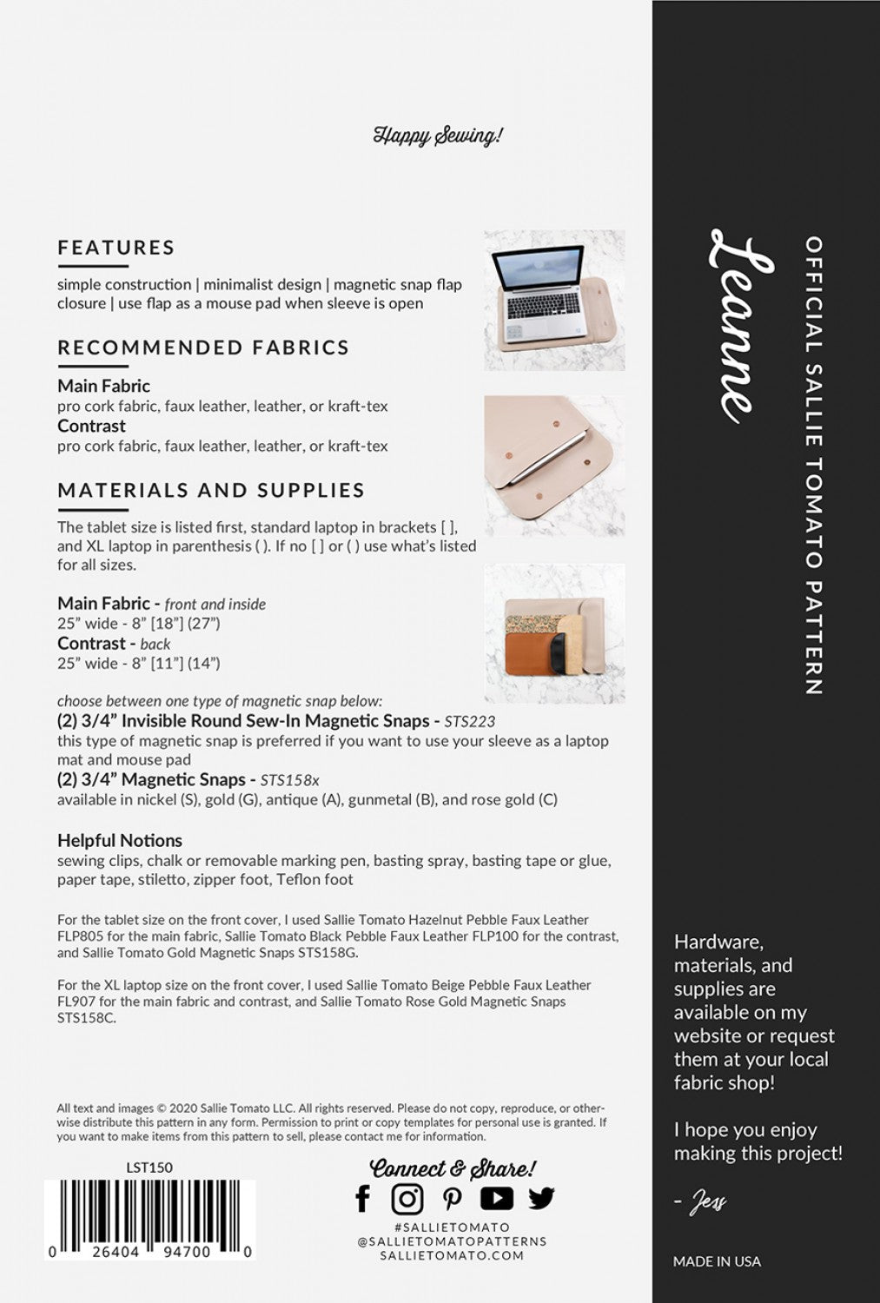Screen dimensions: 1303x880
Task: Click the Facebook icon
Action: click(363, 1199)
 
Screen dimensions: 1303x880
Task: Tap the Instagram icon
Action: click(407, 1199)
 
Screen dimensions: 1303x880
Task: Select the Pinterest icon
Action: click(452, 1199)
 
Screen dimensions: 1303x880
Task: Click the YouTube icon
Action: click(496, 1199)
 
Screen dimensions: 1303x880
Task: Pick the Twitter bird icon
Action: click(541, 1199)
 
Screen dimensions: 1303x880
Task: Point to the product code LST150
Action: click(149, 1167)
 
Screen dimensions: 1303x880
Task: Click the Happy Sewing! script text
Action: click(439, 136)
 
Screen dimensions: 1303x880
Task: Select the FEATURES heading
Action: click(116, 248)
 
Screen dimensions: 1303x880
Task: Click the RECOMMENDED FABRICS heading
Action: click(203, 347)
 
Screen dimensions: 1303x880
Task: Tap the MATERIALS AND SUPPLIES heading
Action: click(211, 490)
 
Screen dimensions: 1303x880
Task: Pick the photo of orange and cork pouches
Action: click(554, 633)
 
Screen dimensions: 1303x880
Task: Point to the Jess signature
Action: click(707, 1202)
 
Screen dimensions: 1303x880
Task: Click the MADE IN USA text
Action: click(717, 1261)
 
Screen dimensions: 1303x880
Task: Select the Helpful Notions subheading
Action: click(120, 840)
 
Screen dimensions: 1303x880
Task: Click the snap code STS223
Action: click(470, 721)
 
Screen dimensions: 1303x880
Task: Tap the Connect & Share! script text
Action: click(453, 1168)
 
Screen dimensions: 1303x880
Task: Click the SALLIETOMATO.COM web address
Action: click(452, 1255)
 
